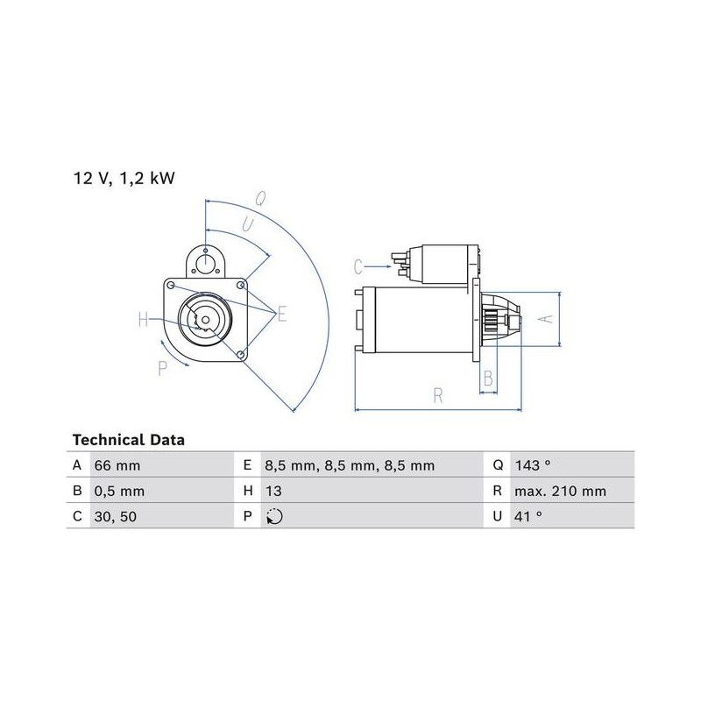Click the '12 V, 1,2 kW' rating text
[x=124, y=179]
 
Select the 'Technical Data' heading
[x=128, y=440]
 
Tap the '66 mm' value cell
[x=117, y=465]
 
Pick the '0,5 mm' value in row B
[x=119, y=492]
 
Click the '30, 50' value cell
[x=116, y=517]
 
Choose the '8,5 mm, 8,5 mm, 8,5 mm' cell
[x=350, y=466]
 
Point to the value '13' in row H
[x=273, y=492]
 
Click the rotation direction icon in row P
[x=274, y=517]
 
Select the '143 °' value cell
[x=533, y=465]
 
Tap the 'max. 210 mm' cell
[x=560, y=492]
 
